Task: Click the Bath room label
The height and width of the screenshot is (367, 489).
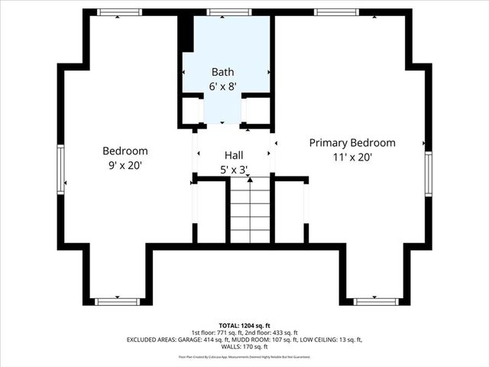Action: (224, 72)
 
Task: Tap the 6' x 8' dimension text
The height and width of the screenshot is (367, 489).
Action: (224, 86)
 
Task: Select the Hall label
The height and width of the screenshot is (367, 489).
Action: (234, 154)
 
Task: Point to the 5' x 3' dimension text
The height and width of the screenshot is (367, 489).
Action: (234, 170)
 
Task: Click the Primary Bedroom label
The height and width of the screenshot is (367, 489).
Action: (352, 143)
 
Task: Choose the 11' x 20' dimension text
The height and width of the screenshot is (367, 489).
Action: (352, 158)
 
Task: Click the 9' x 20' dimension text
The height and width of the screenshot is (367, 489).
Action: (125, 164)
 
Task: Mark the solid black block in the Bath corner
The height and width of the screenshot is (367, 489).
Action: (186, 33)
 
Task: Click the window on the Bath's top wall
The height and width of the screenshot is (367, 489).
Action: (219, 12)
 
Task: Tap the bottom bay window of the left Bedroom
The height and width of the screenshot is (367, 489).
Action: (117, 301)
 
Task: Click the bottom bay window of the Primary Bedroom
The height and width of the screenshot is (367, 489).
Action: (376, 301)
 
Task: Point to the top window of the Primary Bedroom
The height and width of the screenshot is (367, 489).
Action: (338, 12)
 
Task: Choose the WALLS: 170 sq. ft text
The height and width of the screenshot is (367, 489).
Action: (244, 346)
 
